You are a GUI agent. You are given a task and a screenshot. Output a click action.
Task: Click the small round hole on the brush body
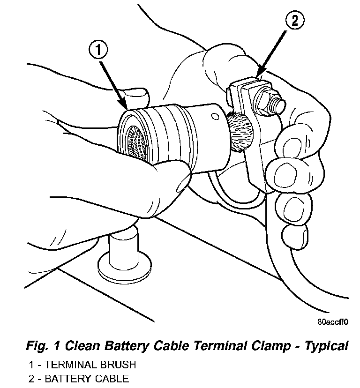click(215, 115)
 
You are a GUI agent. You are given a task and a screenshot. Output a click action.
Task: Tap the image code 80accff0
click(332, 322)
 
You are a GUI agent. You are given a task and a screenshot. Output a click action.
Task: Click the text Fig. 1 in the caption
click(40, 347)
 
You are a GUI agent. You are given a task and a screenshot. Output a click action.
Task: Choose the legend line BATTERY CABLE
click(79, 378)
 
